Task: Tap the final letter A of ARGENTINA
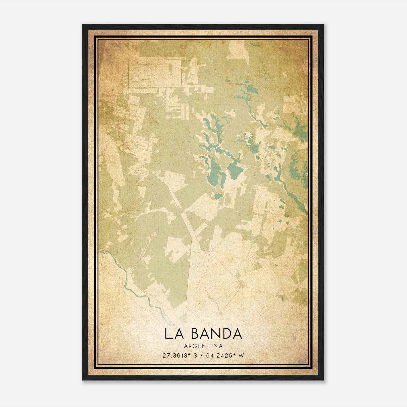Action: point(221,346)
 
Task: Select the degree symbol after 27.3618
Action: point(191,354)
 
